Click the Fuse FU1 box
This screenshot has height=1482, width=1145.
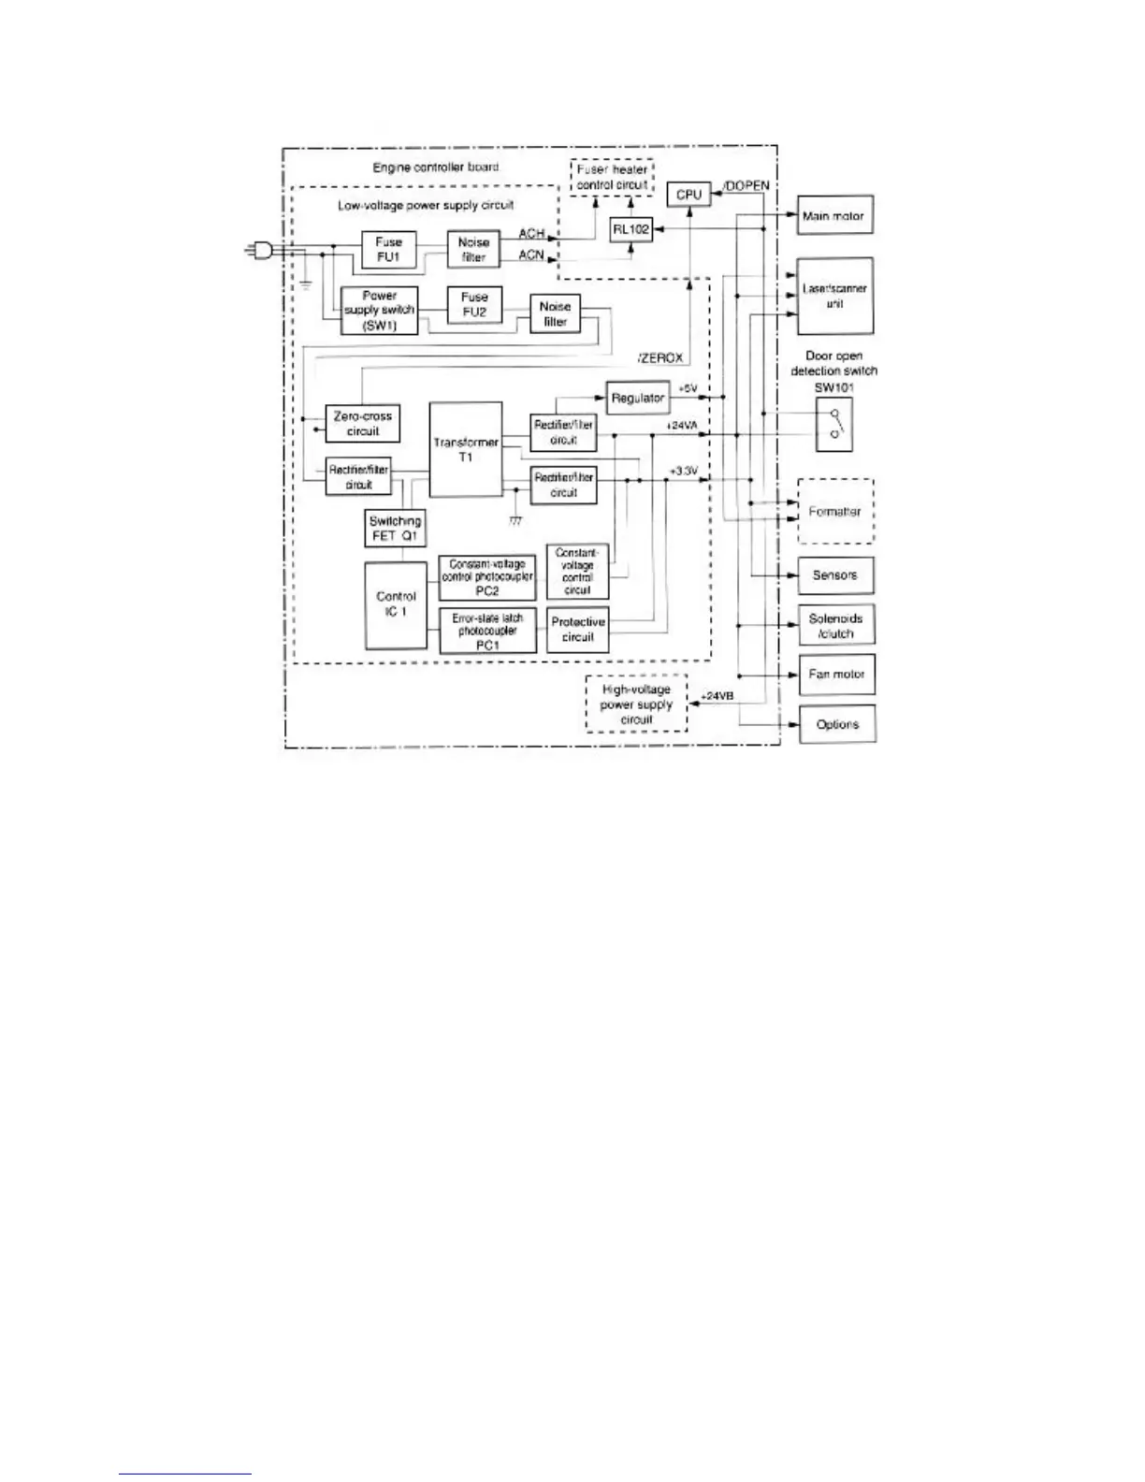tap(388, 249)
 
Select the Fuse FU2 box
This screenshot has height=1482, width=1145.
tap(474, 305)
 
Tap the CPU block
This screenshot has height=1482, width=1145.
tap(688, 195)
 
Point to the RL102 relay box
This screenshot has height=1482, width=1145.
tap(631, 228)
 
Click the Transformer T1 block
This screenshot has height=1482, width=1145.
tap(465, 450)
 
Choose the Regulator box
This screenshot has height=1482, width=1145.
tap(637, 398)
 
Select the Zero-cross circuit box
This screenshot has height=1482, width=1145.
tap(363, 424)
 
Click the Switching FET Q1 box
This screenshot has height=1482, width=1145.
tap(396, 530)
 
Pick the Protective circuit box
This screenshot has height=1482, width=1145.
tap(577, 630)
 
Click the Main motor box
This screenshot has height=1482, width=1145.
tap(834, 216)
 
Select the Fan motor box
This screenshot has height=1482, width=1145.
tap(836, 674)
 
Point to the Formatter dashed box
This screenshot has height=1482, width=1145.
tap(834, 512)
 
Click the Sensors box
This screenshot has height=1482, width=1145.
tap(834, 575)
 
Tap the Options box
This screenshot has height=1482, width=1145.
tap(836, 724)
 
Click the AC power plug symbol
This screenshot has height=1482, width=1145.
tap(258, 250)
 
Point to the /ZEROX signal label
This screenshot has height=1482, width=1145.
tap(660, 358)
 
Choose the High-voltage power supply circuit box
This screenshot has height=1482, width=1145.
tap(636, 705)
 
